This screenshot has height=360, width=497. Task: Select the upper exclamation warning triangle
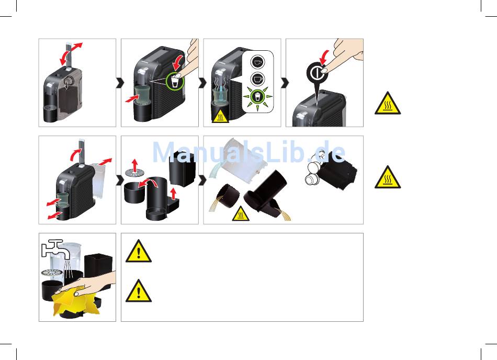[139, 251]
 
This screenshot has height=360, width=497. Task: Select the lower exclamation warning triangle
[139, 291]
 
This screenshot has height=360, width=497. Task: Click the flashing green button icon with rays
[257, 96]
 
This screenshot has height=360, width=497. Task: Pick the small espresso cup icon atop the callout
[258, 61]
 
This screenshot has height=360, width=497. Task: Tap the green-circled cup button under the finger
[175, 82]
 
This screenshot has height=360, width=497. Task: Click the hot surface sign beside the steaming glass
[220, 116]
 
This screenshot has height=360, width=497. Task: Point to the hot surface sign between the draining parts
[241, 214]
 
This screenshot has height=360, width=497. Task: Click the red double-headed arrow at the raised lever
[71, 53]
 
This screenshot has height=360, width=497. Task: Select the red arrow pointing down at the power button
[324, 57]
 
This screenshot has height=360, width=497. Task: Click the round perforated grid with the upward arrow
[134, 172]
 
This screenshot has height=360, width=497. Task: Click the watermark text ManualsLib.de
[249, 152]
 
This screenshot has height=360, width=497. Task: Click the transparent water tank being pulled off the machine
[99, 181]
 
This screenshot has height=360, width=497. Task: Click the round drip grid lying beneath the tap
[53, 272]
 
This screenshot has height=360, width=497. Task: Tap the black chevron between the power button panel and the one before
[285, 83]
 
